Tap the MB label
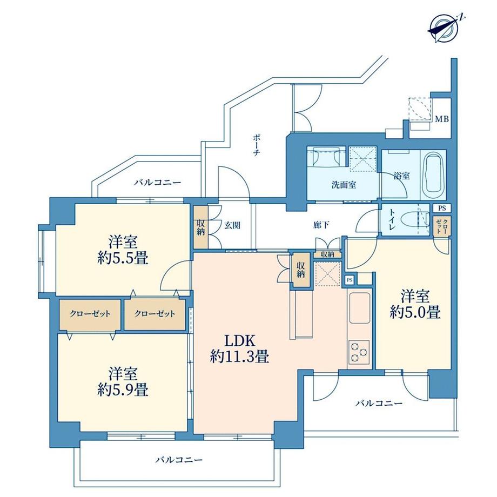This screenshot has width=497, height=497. tap(442, 119)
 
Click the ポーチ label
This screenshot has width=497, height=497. tap(257, 145)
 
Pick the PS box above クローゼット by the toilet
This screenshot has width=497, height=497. tap(442, 209)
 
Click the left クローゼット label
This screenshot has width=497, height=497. tap(90, 314)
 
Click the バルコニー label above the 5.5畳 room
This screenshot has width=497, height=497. tap(157, 183)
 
